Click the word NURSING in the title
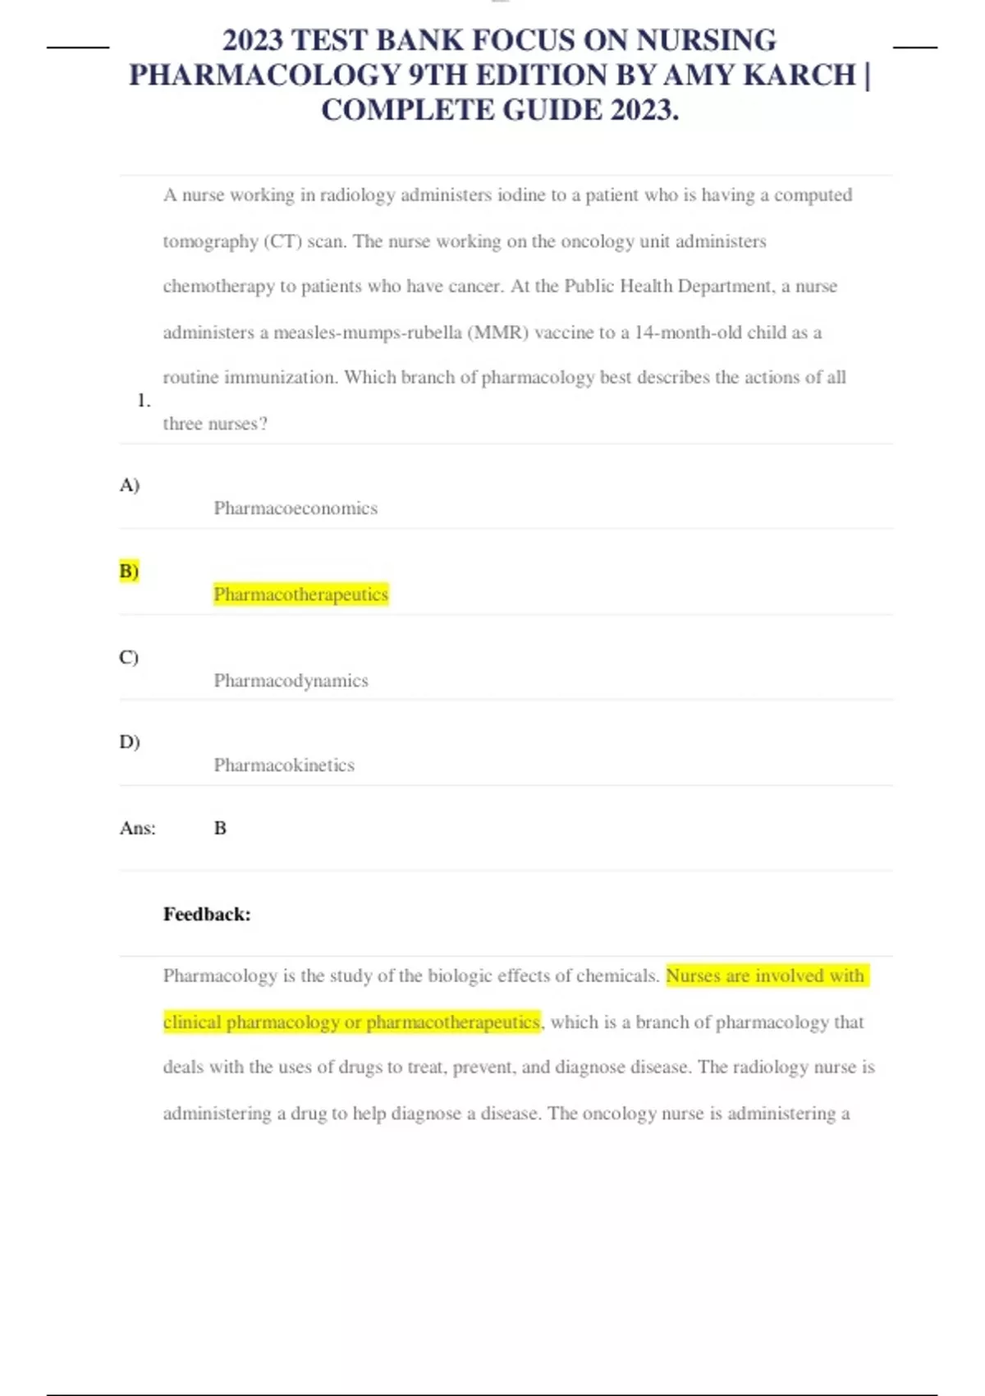pos(706,40)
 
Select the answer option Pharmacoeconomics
pos(295,508)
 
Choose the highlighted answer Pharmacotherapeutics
pos(300,594)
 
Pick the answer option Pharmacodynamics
pos(291,681)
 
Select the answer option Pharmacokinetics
pos(284,765)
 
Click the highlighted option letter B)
pos(129,571)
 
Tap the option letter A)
pos(129,485)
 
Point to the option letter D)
pos(129,742)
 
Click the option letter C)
pos(129,658)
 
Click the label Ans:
pos(137,829)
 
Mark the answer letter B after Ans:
pos(220,829)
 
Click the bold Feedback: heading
pos(207,915)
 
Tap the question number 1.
pos(144,401)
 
